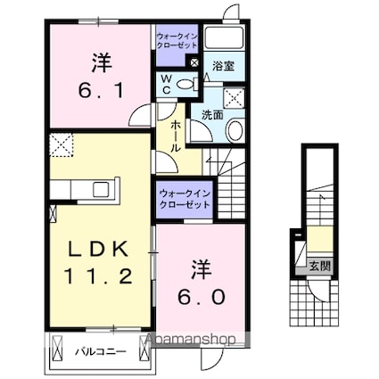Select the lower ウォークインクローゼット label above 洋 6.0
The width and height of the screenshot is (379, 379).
(185, 198)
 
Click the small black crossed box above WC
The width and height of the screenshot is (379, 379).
(195, 62)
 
